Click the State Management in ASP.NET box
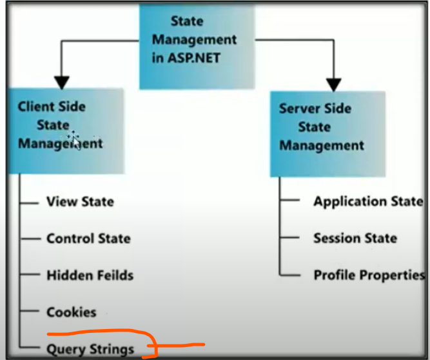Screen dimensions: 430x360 coord(197,46)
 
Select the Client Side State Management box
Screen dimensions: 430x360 coord(66,131)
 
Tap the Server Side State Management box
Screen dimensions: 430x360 coord(327,134)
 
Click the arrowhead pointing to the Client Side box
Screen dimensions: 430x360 coord(61,83)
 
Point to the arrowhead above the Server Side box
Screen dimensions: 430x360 coord(333,85)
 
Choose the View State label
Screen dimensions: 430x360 coord(80,202)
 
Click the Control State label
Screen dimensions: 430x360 coord(88,238)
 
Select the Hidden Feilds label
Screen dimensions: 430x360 coord(90,275)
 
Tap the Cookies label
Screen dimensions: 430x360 coord(72,312)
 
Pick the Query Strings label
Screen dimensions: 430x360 coord(90,350)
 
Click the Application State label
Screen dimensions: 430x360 coord(368,202)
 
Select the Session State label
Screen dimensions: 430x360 coord(355,238)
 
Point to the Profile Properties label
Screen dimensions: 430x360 coord(369,275)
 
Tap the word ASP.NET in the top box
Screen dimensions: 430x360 coord(194,58)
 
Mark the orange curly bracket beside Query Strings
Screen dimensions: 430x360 coord(151,343)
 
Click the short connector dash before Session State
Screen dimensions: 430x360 coord(289,237)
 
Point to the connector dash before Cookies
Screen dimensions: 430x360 coord(30,311)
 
